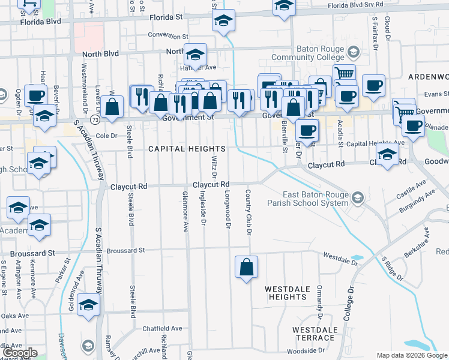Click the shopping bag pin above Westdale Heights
pos(247,268)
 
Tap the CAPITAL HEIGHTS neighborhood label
pos(187,149)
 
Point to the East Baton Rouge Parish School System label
pos(315,199)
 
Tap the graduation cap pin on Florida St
pos(224,22)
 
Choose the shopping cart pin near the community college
pos(343,74)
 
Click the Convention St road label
pos(164,35)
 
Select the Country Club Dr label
pos(247,212)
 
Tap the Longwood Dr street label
pos(228,210)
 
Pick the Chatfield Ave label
pos(162,329)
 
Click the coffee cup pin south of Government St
pos(307,130)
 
